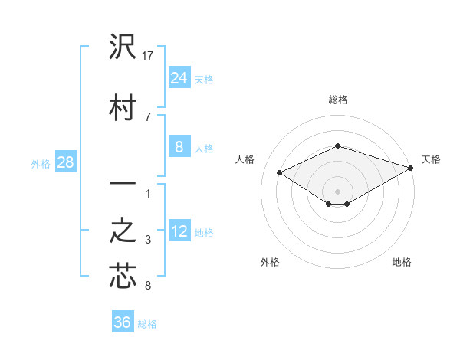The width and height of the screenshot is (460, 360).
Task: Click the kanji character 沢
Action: (122, 48)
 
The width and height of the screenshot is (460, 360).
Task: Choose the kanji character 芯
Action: (122, 277)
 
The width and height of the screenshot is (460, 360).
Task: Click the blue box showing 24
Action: (179, 77)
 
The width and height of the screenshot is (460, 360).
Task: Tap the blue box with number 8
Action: (179, 147)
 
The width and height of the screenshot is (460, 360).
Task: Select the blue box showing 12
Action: (179, 231)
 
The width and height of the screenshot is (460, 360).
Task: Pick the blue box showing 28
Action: (65, 162)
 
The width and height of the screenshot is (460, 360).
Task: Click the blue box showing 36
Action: (123, 322)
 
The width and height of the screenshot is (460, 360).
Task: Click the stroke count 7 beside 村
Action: (147, 116)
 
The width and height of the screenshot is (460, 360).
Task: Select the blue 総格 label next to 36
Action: (147, 324)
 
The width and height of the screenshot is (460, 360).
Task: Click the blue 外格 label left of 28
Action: (41, 163)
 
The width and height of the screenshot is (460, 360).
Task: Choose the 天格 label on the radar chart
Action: (431, 159)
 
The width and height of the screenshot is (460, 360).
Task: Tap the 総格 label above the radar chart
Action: (337, 100)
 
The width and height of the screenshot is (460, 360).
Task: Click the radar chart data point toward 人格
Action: (280, 172)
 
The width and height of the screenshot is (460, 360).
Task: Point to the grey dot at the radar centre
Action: (337, 191)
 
